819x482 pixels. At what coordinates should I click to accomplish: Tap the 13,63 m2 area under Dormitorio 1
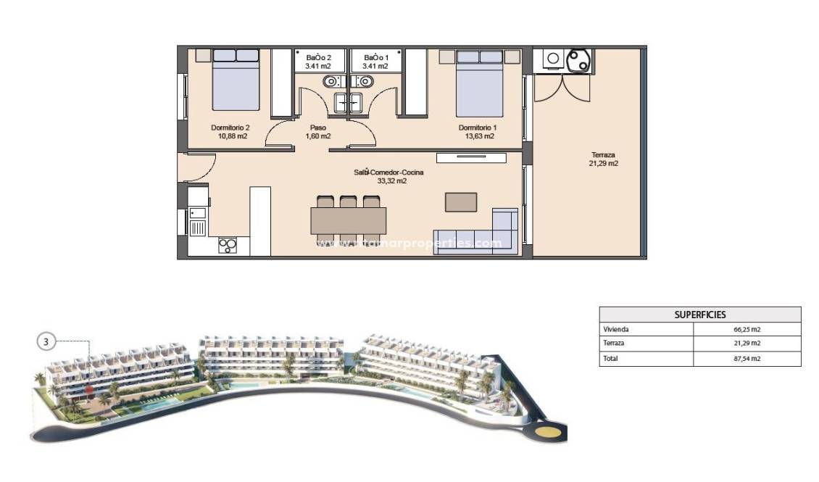point(479,136)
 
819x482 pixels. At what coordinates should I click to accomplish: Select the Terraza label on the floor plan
point(603,155)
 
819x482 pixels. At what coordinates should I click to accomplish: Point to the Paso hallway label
point(317,128)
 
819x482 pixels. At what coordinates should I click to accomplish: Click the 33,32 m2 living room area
point(391,181)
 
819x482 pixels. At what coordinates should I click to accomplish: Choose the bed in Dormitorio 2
point(236,80)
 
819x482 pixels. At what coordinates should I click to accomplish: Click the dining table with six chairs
point(348,220)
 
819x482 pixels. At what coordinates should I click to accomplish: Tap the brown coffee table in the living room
point(461,201)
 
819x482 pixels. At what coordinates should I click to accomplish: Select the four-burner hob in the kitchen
point(228,246)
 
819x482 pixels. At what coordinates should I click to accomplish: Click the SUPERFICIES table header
point(699,315)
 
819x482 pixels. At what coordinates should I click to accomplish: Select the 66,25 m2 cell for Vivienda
point(747,329)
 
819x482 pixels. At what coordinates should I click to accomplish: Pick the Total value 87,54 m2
point(747,358)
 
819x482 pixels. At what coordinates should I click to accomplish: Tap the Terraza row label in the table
point(614,344)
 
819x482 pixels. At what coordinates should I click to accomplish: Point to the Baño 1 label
point(376,57)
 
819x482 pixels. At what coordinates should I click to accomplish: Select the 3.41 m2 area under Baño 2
point(318,66)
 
